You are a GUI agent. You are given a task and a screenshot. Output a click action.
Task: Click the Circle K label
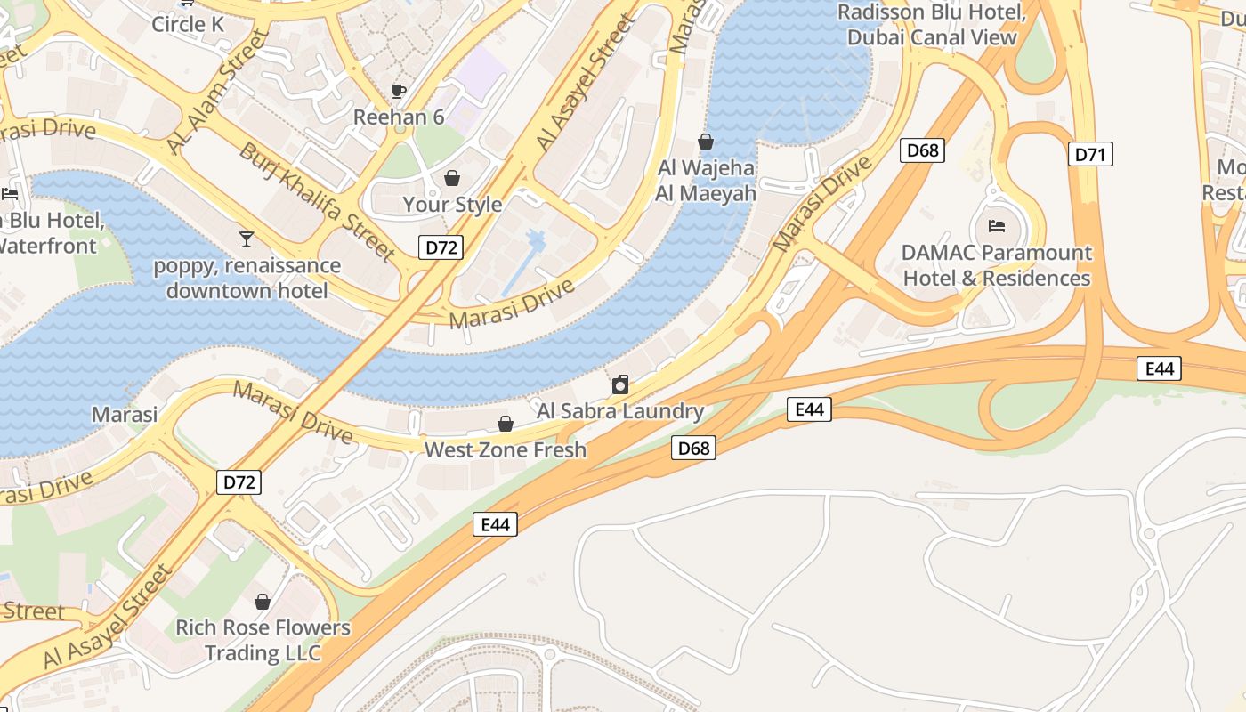click(x=188, y=24)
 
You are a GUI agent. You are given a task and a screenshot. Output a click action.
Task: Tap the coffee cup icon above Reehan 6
click(x=399, y=91)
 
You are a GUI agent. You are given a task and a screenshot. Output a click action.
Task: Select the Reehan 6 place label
click(x=399, y=117)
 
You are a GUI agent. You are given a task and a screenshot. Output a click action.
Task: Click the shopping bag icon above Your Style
click(x=452, y=178)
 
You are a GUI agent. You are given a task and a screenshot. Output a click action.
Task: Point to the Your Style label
click(x=452, y=204)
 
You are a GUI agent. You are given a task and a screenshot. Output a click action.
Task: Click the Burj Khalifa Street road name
click(x=317, y=203)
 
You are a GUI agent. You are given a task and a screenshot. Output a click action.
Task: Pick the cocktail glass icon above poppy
click(x=247, y=239)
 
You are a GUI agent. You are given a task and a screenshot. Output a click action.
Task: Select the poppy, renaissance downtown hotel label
click(x=247, y=278)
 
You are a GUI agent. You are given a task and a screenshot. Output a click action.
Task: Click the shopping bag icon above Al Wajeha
click(x=706, y=142)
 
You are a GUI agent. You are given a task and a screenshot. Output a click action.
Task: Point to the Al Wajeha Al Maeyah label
click(x=706, y=181)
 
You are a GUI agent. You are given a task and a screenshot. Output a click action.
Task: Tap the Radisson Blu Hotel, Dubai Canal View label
click(x=932, y=25)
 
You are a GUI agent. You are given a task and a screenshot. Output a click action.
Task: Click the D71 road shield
click(x=1090, y=155)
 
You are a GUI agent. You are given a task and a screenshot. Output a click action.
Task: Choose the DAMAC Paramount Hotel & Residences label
click(x=997, y=265)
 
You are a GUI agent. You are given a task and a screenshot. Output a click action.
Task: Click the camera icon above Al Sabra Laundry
click(x=620, y=384)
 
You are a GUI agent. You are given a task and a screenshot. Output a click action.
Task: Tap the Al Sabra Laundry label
click(x=620, y=411)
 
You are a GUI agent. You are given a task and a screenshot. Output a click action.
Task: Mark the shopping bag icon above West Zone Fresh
click(x=506, y=424)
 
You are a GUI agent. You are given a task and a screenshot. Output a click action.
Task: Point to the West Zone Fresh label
click(x=506, y=449)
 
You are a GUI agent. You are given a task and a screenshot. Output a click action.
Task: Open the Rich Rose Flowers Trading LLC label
click(x=263, y=640)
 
